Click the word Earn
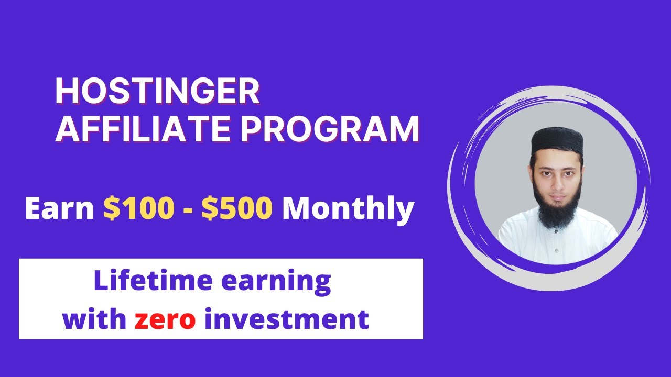pyautogui.click(x=59, y=209)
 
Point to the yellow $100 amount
pyautogui.click(x=138, y=209)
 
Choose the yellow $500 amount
pyautogui.click(x=237, y=209)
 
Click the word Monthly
pyautogui.click(x=348, y=209)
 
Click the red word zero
pyautogui.click(x=165, y=319)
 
